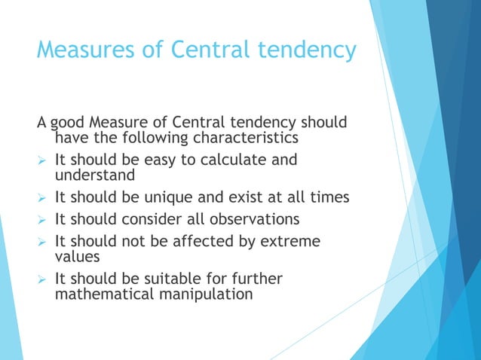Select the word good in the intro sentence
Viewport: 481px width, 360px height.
point(69,123)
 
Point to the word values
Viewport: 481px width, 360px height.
point(78,257)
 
